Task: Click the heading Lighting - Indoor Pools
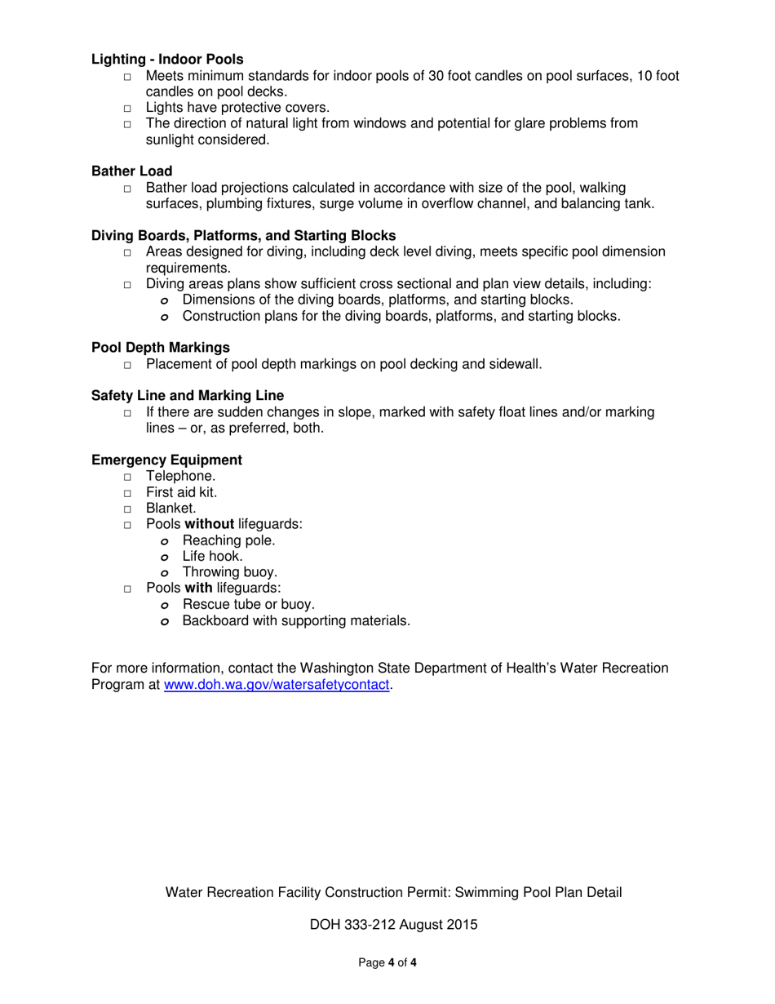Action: [167, 59]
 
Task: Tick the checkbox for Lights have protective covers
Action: [127, 109]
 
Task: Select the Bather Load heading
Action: [131, 171]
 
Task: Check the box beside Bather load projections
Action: [127, 189]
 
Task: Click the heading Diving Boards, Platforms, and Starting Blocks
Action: [243, 235]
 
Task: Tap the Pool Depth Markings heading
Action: [160, 348]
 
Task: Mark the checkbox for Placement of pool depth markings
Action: [127, 365]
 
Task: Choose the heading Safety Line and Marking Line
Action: [187, 395]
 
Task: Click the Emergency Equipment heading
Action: [166, 460]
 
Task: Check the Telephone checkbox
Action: [127, 478]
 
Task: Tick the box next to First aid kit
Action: [127, 493]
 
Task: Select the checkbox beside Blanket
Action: [127, 509]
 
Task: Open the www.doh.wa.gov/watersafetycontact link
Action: [277, 685]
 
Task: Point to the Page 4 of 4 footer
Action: [387, 963]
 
